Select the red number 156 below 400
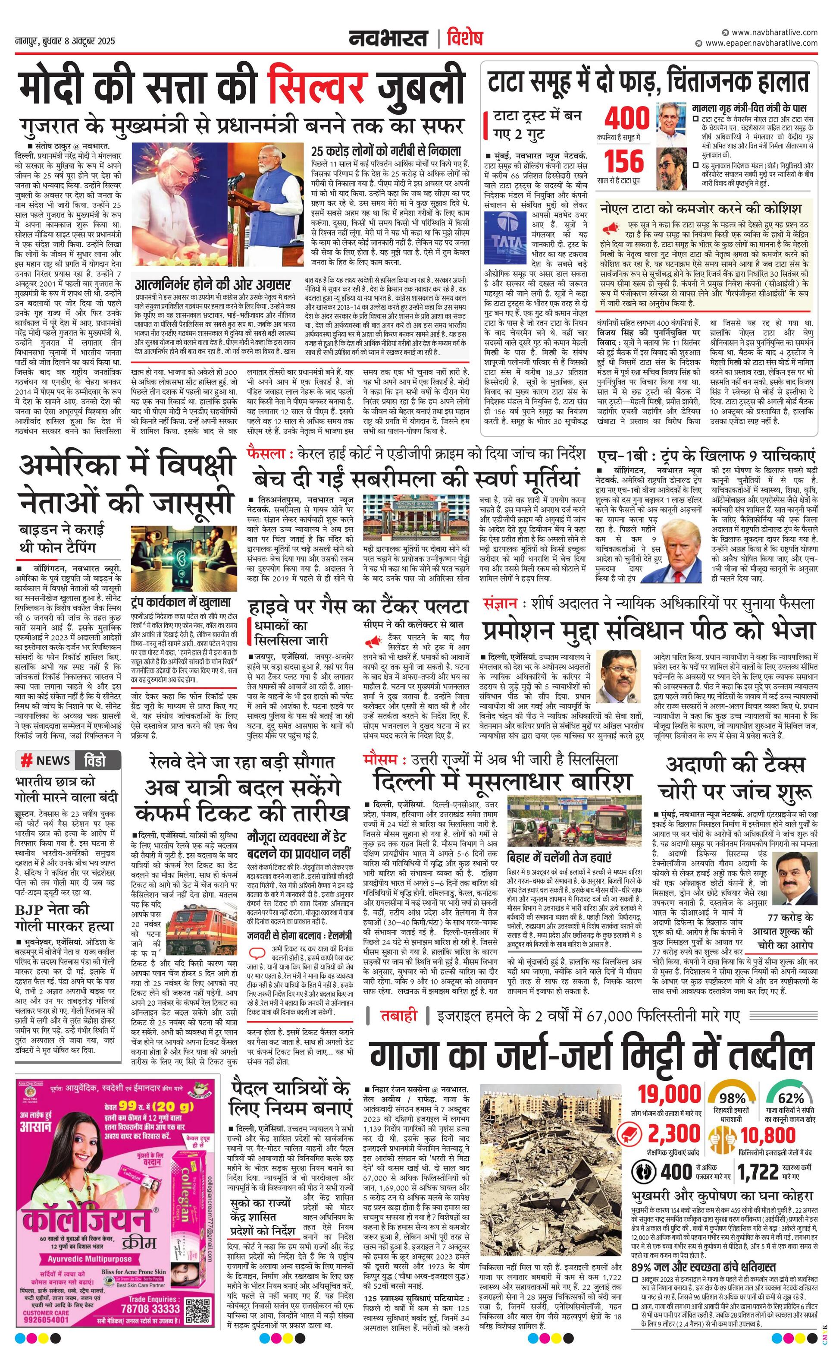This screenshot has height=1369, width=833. (x=624, y=161)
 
